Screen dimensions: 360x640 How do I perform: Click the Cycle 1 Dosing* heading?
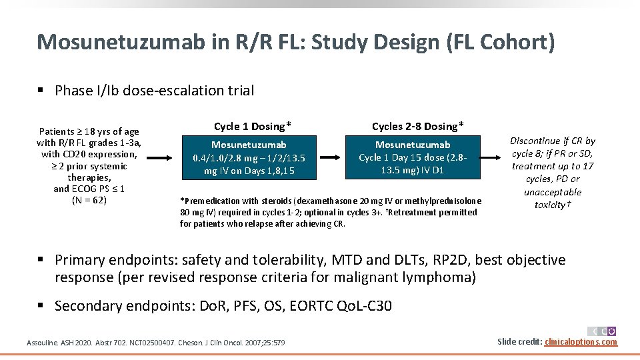pos(253,126)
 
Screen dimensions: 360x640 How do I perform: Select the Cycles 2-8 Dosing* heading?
pos(418,126)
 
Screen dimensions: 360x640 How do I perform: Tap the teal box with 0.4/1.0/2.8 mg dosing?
pos(249,158)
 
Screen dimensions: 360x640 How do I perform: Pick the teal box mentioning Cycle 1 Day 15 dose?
pos(413,158)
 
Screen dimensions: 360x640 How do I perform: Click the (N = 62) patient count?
pos(89,200)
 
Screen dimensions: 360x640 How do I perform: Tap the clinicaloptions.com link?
pos(581,342)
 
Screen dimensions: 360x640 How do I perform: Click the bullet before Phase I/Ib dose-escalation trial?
pos(41,91)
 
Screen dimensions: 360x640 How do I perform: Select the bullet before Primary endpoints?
pos(41,260)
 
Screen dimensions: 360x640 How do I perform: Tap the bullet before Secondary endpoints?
pos(41,306)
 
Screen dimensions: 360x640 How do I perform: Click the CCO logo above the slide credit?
pos(602,331)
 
